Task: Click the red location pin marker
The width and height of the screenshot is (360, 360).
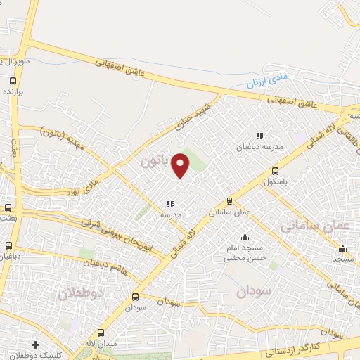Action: coord(181,165)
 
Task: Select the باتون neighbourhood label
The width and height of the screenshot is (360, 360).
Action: coord(155,161)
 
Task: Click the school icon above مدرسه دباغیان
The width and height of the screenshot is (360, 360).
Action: coord(259,136)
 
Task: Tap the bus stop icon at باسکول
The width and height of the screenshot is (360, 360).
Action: coord(275,171)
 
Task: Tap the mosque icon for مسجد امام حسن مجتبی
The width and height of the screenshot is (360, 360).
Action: coord(244,238)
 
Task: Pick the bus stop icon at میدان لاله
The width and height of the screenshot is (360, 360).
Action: coord(101,333)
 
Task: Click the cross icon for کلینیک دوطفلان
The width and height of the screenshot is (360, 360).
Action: coord(35,345)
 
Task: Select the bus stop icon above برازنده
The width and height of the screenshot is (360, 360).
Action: coord(10,81)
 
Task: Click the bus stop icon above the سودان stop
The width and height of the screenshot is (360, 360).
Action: coord(136,297)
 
